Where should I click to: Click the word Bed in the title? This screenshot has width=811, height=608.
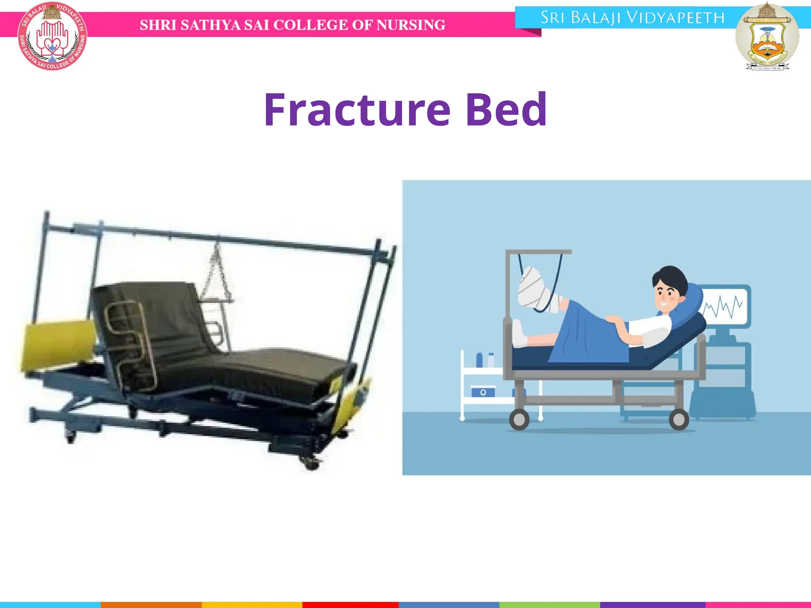pyautogui.click(x=506, y=110)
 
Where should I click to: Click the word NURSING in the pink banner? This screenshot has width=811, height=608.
pyautogui.click(x=411, y=25)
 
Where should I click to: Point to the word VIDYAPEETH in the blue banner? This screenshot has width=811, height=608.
pyautogui.click(x=676, y=18)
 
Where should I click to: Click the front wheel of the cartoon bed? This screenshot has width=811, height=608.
pyautogui.click(x=519, y=420)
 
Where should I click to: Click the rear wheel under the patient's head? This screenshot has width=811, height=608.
pyautogui.click(x=679, y=420)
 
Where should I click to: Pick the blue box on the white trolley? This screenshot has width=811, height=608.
pyautogui.click(x=483, y=392)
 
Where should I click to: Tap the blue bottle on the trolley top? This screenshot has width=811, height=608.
pyautogui.click(x=479, y=360)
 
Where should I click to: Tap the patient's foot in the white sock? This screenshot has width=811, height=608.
pyautogui.click(x=519, y=334)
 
